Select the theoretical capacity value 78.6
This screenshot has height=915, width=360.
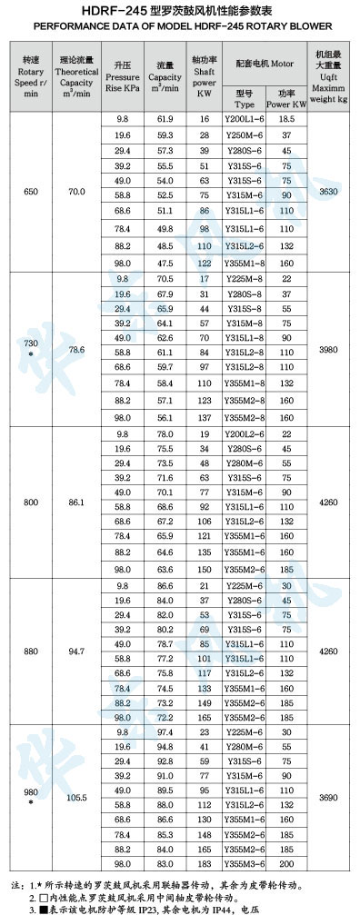click(76, 349)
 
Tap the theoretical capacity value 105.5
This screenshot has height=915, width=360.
click(76, 797)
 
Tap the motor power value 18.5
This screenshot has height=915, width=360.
click(287, 119)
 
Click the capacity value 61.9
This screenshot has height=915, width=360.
click(165, 119)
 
